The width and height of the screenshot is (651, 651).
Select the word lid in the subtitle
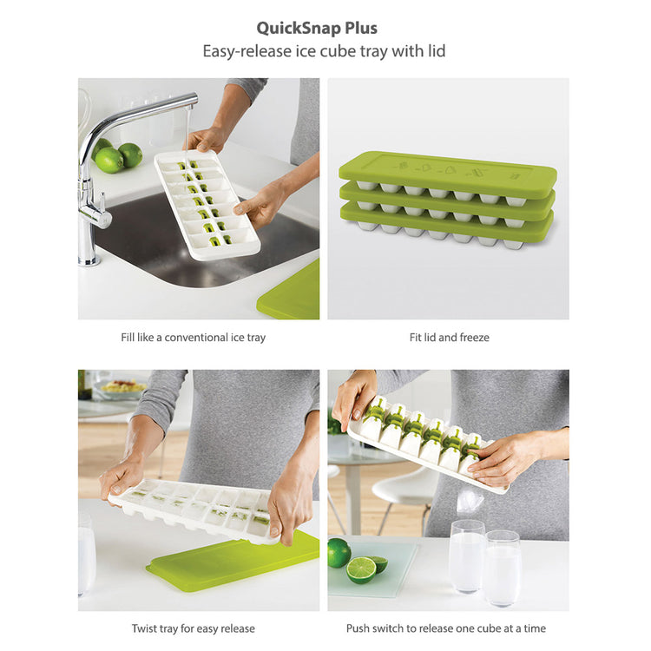pos(436,51)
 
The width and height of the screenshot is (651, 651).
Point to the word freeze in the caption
pos(475,338)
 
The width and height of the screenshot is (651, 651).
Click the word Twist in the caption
pos(143,628)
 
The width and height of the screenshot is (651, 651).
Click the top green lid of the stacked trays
pos(448,174)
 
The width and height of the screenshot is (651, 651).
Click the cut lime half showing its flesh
pos(361,569)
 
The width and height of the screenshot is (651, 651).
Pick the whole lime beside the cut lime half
pos(339,553)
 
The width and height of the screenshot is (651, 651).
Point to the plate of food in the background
pos(121,389)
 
